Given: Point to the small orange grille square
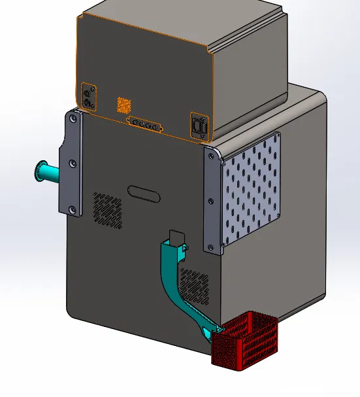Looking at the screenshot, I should click(x=124, y=105).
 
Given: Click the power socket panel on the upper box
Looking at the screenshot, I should click(x=200, y=126).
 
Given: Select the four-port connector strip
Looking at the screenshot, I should click(x=144, y=124).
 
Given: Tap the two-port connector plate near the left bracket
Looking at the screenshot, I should click(x=90, y=96).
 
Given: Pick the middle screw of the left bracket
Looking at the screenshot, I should click(x=73, y=163).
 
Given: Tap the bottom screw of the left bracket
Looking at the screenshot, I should click(x=73, y=209).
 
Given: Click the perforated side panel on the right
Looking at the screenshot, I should click(x=253, y=189).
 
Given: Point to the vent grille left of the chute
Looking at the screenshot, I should click(x=107, y=210).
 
